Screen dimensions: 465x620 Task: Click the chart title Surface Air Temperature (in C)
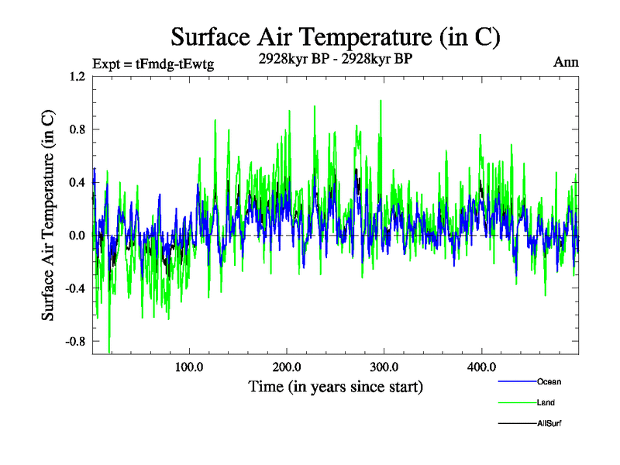[x=335, y=37]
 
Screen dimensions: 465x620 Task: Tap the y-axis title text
[x=48, y=215]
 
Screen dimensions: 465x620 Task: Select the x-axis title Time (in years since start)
[x=336, y=385]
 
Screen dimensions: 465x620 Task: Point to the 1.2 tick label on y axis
[x=77, y=77]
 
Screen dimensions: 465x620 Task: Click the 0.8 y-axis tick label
[x=77, y=129]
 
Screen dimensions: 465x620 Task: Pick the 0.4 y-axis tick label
[x=77, y=183]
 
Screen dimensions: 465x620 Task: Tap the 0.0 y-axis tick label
[x=77, y=236]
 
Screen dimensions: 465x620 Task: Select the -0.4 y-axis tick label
[x=75, y=288]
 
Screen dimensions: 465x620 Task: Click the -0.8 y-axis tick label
[x=75, y=341]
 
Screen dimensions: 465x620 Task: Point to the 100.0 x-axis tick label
[x=190, y=367]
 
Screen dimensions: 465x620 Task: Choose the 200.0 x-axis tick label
[x=287, y=367]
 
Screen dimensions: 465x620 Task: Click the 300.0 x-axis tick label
[x=384, y=367]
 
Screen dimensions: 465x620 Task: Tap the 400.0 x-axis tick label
[x=481, y=367]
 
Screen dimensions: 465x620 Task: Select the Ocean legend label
[x=548, y=382]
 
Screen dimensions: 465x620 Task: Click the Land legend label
[x=546, y=403]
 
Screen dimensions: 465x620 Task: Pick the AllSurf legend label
[x=548, y=424]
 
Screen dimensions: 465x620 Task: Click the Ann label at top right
[x=566, y=62]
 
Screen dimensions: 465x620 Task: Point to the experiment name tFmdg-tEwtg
[x=174, y=64]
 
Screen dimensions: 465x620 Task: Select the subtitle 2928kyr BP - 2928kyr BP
[x=335, y=57]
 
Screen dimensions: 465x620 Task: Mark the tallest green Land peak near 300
[x=381, y=101]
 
